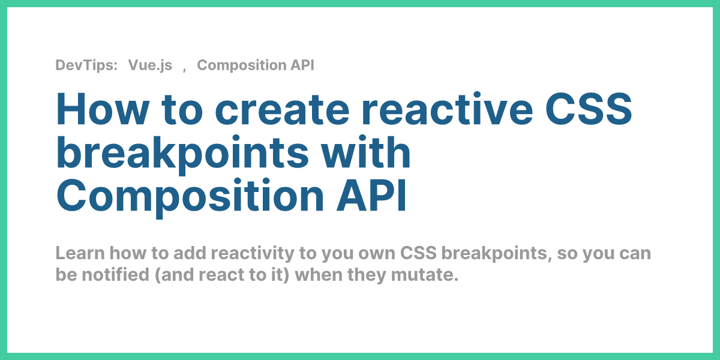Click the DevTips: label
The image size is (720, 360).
[x=86, y=65]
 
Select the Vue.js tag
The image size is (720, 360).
[x=150, y=65]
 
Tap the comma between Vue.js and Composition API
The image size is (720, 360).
[x=185, y=67]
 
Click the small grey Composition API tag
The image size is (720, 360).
[x=256, y=65]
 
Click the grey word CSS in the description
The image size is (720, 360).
[x=418, y=253]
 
